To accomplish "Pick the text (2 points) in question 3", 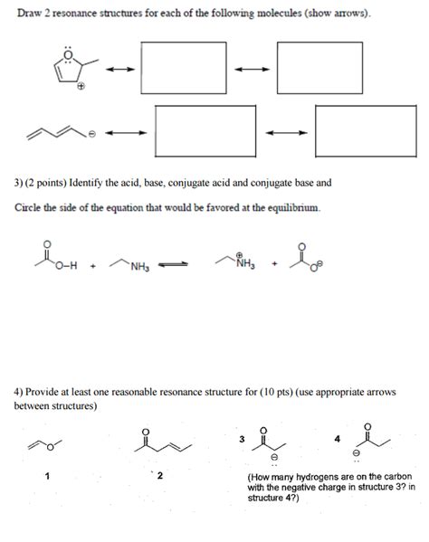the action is click(x=53, y=183).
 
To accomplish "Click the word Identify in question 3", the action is click(x=106, y=183).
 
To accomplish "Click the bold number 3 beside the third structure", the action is click(x=242, y=439).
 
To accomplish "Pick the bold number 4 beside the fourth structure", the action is click(x=336, y=439).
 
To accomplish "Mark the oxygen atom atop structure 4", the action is click(x=367, y=424).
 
